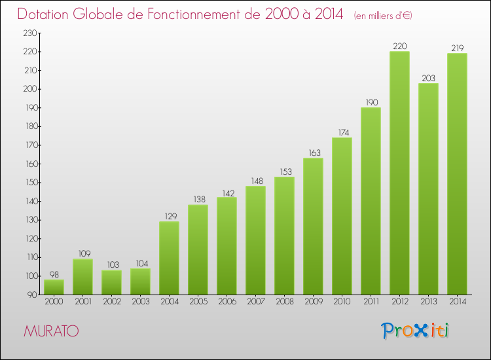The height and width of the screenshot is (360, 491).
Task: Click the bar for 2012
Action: [399, 173]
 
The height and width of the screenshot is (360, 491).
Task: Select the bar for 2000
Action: [54, 287]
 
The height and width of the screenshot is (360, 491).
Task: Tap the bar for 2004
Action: [169, 258]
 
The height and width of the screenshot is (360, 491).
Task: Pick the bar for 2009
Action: [313, 226]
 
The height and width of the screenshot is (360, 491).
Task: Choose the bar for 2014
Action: [457, 173]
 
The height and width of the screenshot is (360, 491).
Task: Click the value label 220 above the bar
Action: [399, 46]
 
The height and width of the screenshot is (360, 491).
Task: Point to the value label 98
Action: [54, 275]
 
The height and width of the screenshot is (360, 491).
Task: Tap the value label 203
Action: [428, 79]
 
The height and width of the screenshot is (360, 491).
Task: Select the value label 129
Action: [169, 217]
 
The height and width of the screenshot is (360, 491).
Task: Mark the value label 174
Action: [342, 133]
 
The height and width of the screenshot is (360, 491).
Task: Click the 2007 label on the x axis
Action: [255, 302]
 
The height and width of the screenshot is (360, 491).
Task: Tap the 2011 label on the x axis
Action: [371, 302]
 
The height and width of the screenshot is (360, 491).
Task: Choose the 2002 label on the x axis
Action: [111, 302]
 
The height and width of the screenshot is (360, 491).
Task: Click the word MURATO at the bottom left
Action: [51, 331]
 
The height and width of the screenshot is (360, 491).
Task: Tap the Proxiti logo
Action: [415, 331]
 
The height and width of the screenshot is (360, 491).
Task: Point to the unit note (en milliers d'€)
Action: [383, 16]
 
